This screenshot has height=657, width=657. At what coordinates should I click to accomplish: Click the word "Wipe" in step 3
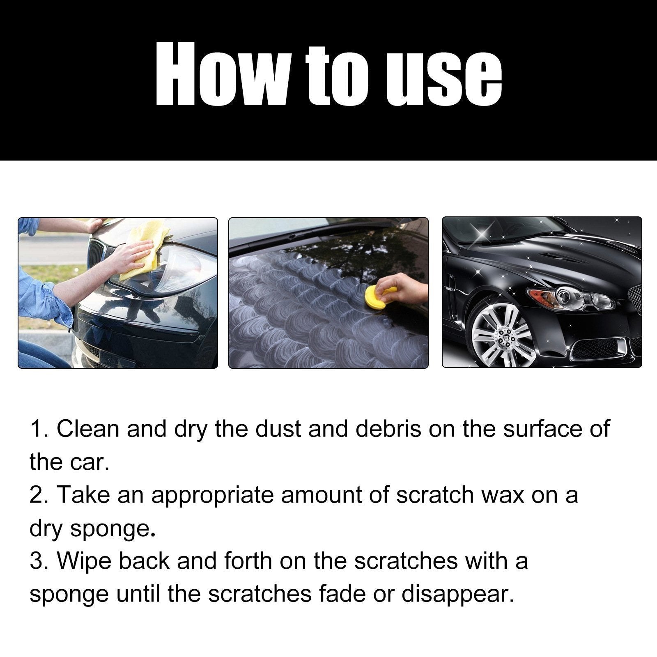[x=84, y=561]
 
